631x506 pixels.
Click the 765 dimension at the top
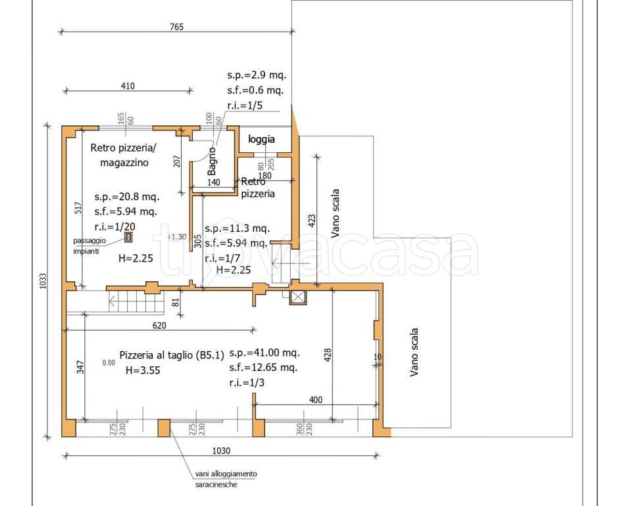[x=176, y=27]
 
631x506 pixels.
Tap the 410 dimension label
[x=128, y=86]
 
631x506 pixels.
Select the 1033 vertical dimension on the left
[x=43, y=281]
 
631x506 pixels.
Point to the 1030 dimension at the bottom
[x=221, y=451]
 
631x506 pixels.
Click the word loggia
[x=262, y=140]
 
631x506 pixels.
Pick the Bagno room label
[x=212, y=161]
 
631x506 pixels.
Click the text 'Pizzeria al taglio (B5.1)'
[x=172, y=355]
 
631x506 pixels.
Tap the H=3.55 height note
[x=143, y=370]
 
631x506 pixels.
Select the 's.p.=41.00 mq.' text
[x=265, y=352]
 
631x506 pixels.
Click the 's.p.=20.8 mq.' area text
[x=127, y=196]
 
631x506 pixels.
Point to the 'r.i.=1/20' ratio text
[x=114, y=227]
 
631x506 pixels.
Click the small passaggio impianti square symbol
[x=128, y=237]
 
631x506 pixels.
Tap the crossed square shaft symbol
[x=297, y=297]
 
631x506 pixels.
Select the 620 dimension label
[x=159, y=325]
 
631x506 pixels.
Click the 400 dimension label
[x=316, y=400]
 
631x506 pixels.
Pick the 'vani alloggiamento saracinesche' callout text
[x=226, y=479]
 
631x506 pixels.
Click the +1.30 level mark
[x=176, y=237]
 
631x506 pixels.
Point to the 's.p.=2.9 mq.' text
[x=257, y=75]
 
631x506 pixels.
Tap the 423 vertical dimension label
[x=312, y=220]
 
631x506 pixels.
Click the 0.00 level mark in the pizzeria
[x=109, y=362]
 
